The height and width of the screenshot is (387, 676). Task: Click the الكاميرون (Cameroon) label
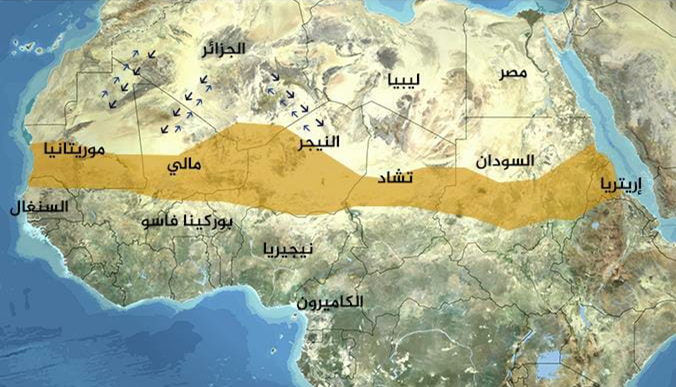pyautogui.click(x=331, y=301)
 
